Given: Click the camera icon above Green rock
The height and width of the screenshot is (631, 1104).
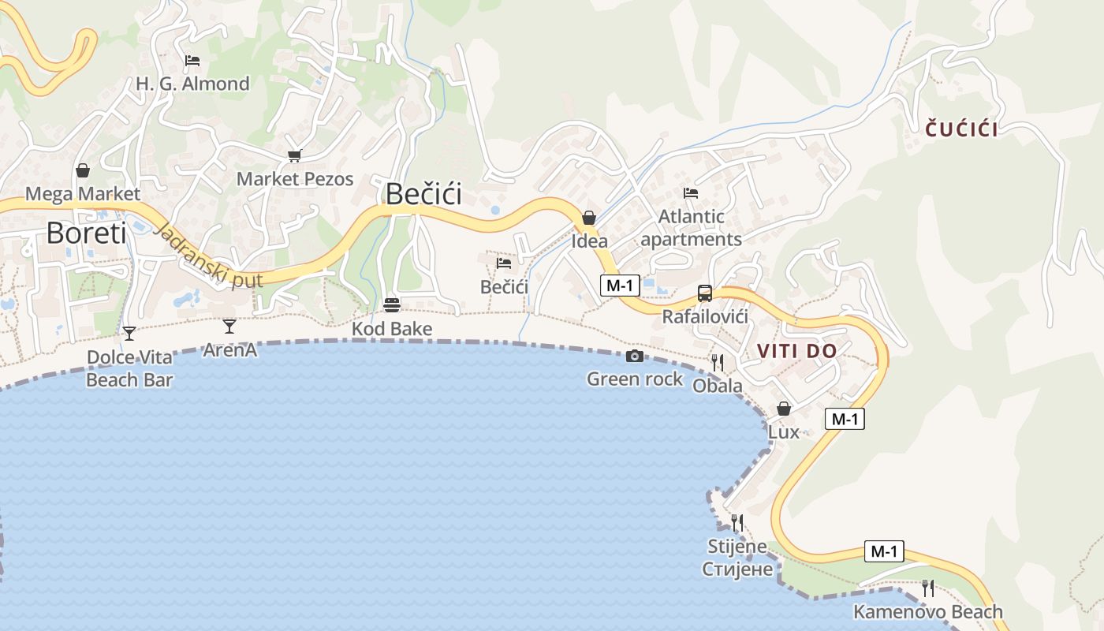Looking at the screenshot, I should [x=634, y=357].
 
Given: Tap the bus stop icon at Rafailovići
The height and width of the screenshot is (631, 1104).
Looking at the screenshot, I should [x=704, y=293].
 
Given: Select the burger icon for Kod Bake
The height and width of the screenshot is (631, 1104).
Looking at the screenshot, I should [x=392, y=304].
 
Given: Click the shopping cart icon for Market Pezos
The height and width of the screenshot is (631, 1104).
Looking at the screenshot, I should [x=294, y=156].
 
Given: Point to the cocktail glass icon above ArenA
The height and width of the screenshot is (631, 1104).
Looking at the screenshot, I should [x=229, y=326].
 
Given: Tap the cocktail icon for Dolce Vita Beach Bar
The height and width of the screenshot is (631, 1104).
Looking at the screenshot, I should [x=129, y=333].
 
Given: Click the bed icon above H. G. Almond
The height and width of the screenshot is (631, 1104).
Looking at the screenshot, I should [x=192, y=61].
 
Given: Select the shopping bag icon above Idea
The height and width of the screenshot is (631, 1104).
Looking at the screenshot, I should [x=588, y=218].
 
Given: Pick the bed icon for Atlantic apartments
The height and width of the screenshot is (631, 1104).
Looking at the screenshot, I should [x=691, y=192].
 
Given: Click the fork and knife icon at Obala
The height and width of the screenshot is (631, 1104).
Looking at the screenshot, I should [x=717, y=363].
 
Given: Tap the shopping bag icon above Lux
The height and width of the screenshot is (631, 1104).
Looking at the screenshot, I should [x=783, y=409].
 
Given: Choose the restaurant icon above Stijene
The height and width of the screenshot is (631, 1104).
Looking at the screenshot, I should [x=737, y=522].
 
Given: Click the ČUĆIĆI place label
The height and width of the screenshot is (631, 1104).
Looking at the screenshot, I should [x=961, y=129].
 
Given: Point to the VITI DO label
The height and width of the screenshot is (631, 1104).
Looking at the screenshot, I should [x=796, y=351].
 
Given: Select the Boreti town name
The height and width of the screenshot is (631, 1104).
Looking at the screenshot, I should [x=86, y=233].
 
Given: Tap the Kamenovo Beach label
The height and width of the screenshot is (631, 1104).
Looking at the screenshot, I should [x=927, y=611].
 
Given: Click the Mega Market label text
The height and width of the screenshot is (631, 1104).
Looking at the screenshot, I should [x=83, y=194].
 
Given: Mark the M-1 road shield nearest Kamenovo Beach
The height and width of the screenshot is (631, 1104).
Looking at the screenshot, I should [x=884, y=551].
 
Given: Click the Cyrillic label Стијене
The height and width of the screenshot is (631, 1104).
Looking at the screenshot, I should [x=737, y=569].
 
